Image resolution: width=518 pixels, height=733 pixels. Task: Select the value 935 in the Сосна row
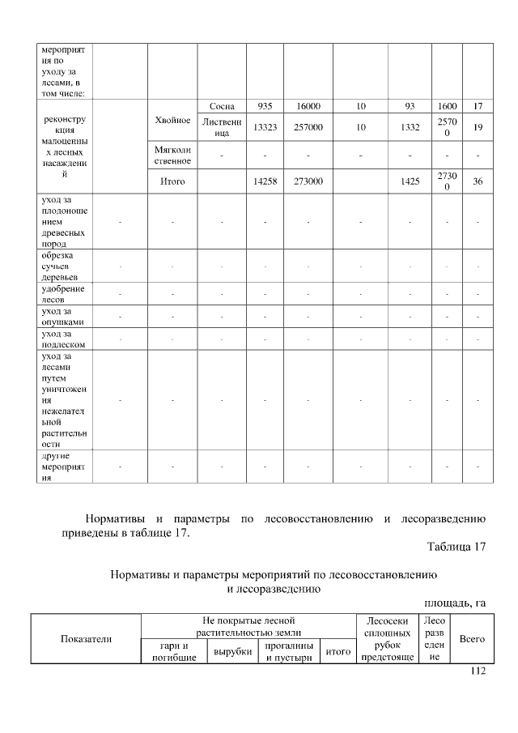(x=264, y=106)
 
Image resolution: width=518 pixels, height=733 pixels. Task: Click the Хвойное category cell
(x=172, y=120)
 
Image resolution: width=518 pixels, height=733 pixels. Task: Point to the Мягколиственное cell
(x=172, y=156)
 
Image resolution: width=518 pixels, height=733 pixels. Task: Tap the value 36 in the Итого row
(x=478, y=182)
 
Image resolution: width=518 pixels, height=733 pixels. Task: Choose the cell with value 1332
(x=410, y=127)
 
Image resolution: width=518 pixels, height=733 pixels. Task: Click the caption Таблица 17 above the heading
(x=456, y=548)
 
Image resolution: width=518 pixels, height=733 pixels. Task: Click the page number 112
(x=477, y=671)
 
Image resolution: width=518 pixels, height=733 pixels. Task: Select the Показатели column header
(x=86, y=639)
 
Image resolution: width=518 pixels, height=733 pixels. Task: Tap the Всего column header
(x=471, y=638)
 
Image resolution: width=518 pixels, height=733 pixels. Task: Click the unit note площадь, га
(x=455, y=603)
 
